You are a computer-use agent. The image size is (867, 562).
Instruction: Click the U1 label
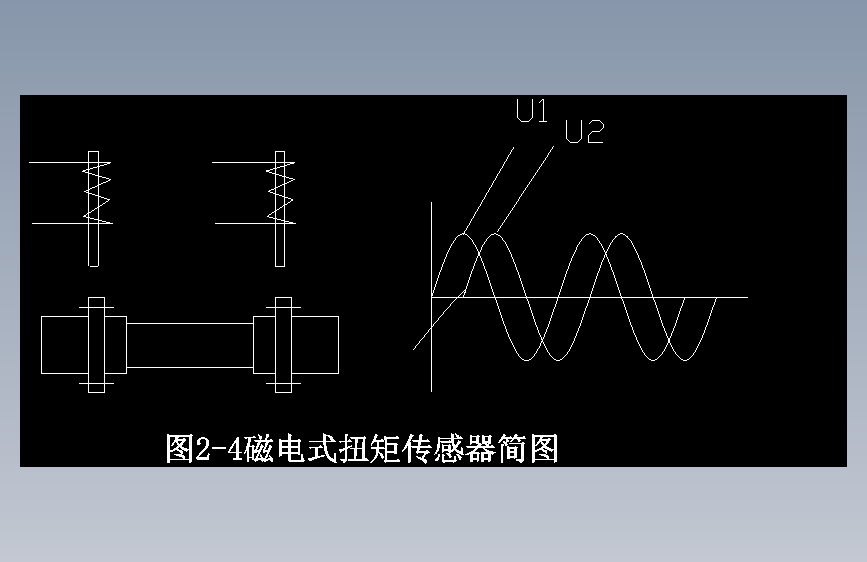[532, 110]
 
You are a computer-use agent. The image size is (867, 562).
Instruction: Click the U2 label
[584, 132]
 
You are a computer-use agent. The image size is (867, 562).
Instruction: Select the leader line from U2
[524, 190]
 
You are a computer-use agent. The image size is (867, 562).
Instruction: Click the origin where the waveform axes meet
[432, 297]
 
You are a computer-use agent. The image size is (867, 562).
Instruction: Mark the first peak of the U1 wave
[462, 235]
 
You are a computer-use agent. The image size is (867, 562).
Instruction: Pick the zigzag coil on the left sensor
[97, 192]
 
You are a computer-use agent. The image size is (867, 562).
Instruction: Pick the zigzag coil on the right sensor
[281, 192]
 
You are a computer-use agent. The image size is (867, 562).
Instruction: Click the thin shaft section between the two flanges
[190, 345]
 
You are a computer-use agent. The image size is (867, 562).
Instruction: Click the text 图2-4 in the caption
[204, 449]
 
